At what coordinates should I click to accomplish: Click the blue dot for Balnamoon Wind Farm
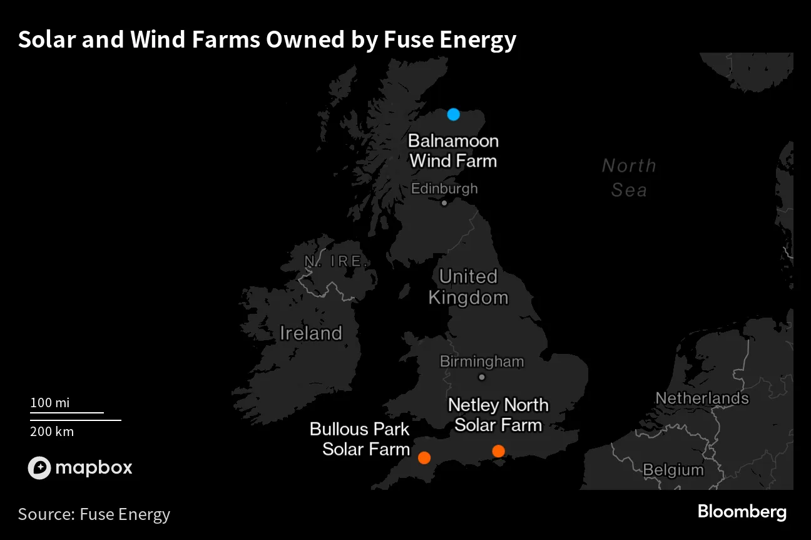pos(454,115)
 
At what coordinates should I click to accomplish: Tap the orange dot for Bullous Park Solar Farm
pos(424,457)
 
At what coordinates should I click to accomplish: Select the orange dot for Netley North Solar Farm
pos(498,451)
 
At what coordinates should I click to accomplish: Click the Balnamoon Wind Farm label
pos(453,150)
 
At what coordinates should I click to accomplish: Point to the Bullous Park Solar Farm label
pos(360,439)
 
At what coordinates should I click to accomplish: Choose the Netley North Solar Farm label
pos(498,415)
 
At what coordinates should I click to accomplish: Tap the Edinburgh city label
pos(444,189)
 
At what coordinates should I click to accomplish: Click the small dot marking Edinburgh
pos(444,203)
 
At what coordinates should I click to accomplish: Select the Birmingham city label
pos(481,361)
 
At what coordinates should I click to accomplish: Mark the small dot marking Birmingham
pos(481,377)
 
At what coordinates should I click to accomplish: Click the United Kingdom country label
pos(468,286)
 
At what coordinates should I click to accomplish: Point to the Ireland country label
pos(311,333)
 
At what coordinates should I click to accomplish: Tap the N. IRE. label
pos(335,261)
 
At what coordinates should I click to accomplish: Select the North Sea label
pos(629,177)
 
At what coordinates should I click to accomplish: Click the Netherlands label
pos(701,398)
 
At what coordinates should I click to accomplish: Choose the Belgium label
pos(673,469)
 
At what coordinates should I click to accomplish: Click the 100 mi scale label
pos(50,403)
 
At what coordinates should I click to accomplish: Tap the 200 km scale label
pos(52,431)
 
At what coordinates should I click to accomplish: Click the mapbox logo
pos(80,467)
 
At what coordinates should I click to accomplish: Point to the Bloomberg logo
pos(742,512)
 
